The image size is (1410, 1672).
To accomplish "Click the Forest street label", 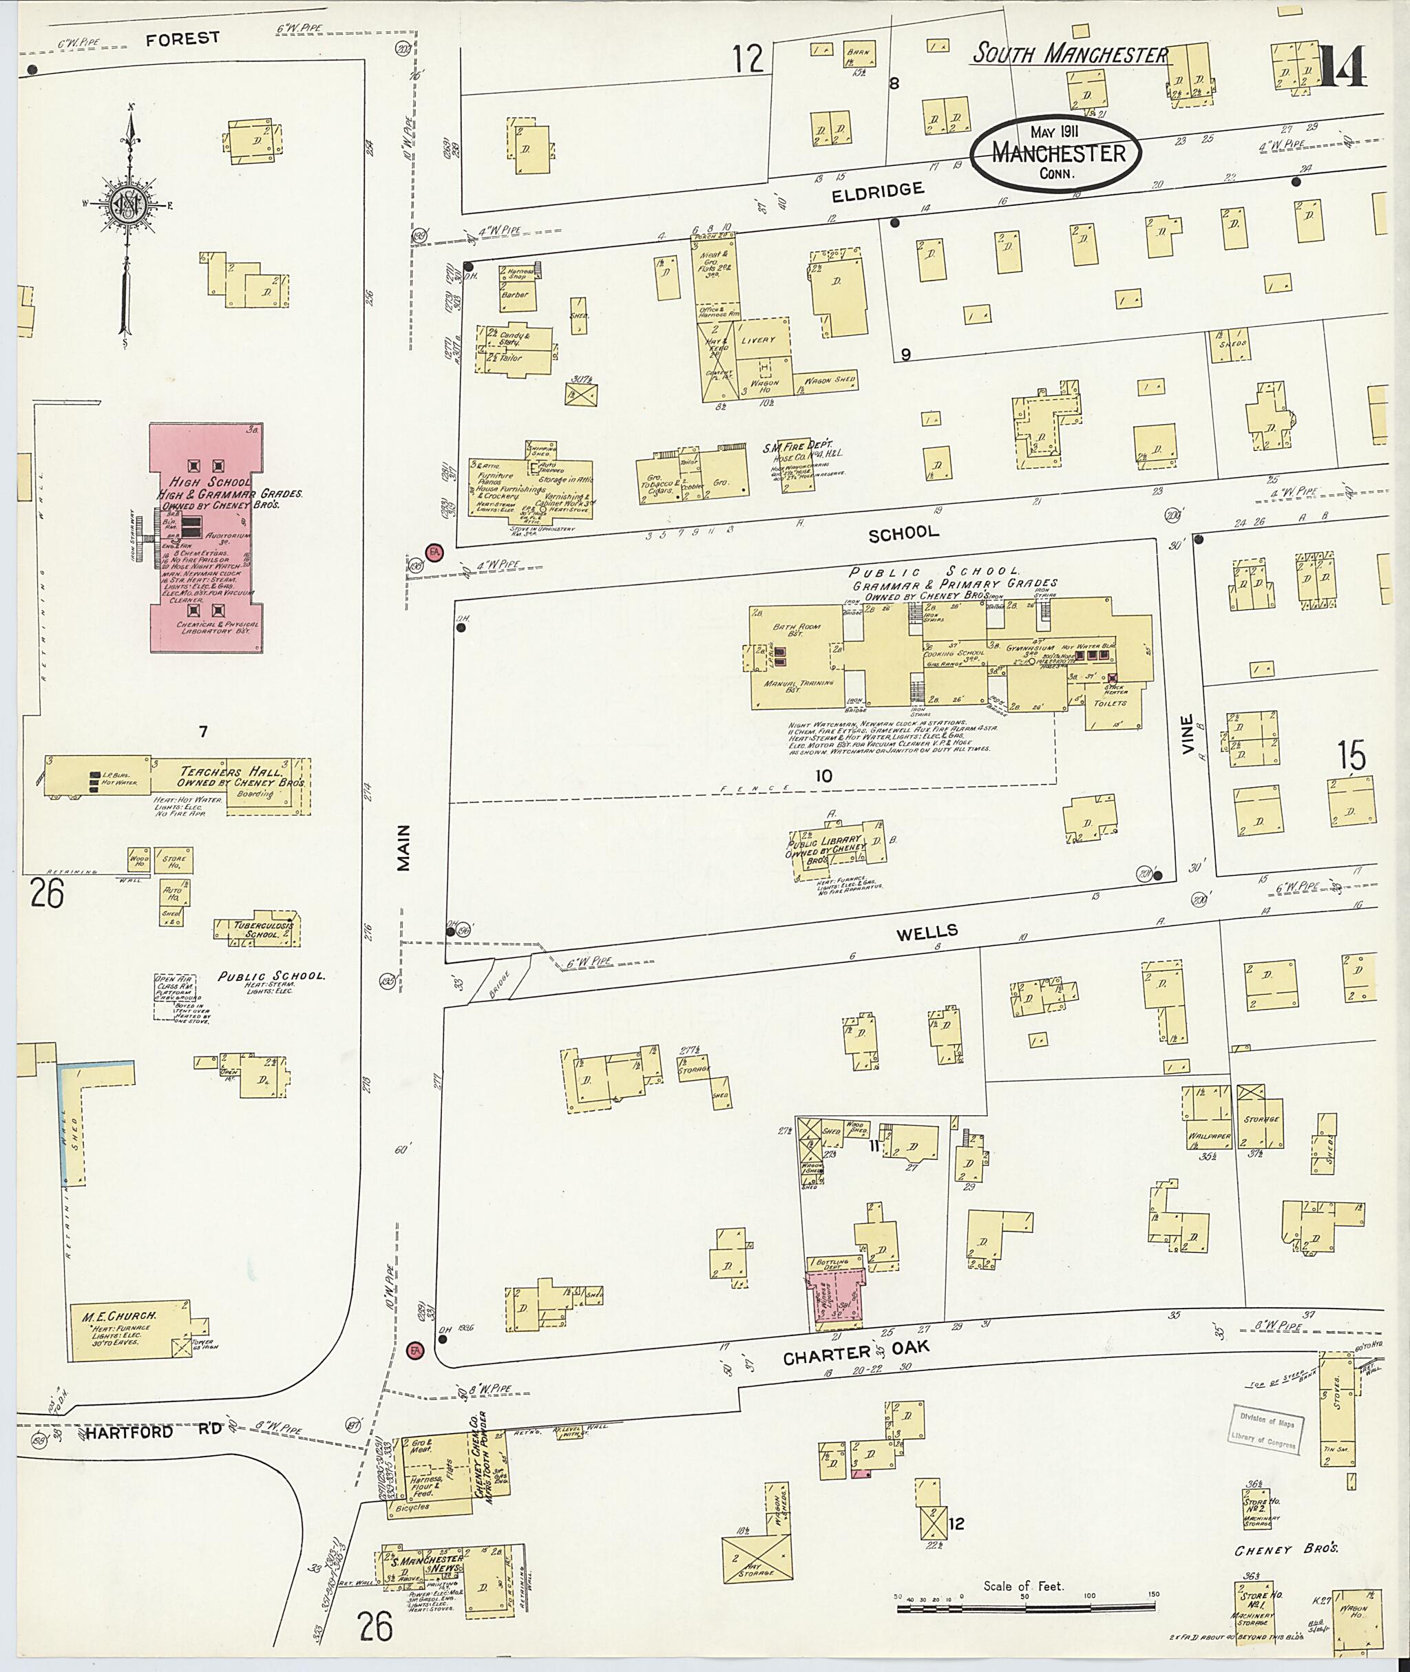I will tap(182, 39).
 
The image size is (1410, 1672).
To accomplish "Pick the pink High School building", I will tap(207, 538).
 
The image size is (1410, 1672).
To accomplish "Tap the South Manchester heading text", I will tap(1069, 54).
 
